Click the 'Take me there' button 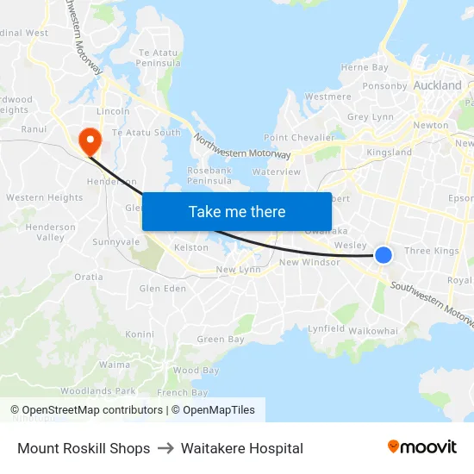click(x=237, y=212)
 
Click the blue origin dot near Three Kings click(x=384, y=254)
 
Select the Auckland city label click(x=438, y=85)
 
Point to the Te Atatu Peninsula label click(x=159, y=58)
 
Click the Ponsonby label click(x=384, y=85)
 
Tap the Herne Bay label click(x=365, y=67)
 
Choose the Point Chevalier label click(x=299, y=137)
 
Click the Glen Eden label click(x=162, y=288)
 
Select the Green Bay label click(x=221, y=340)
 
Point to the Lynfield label click(x=327, y=329)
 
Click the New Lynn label click(x=238, y=270)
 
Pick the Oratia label click(x=89, y=277)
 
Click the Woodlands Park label click(x=99, y=390)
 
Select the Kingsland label click(x=390, y=153)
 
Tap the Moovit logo click(x=422, y=447)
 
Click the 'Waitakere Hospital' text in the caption click(x=242, y=448)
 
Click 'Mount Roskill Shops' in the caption click(x=84, y=448)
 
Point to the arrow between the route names click(x=165, y=448)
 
